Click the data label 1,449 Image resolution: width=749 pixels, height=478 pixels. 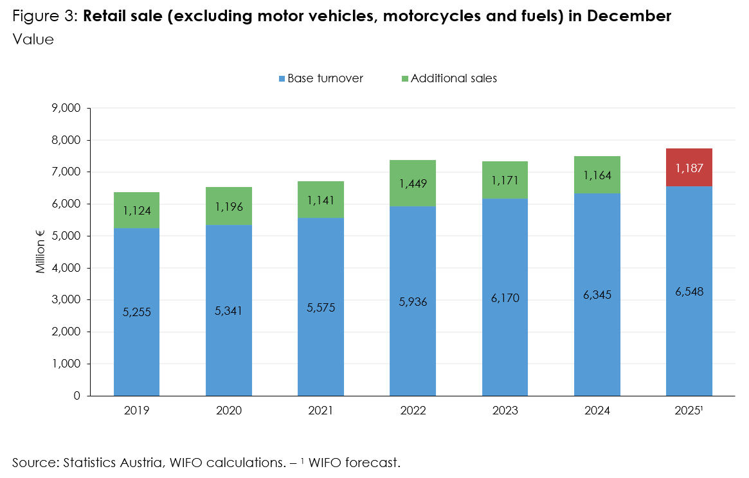point(413,184)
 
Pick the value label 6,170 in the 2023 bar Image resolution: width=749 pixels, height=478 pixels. point(505,298)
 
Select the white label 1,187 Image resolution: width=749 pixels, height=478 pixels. point(689,168)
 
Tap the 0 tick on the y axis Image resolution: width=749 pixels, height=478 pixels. point(77,396)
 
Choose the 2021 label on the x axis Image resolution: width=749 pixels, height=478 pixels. point(320,410)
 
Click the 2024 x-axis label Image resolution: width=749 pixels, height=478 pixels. point(597,410)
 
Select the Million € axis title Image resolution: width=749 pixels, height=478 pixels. point(41,252)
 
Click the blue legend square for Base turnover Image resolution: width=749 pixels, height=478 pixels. point(282,78)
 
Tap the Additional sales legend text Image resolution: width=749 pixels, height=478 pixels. point(453,78)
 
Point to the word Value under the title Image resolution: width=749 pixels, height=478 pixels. point(32,39)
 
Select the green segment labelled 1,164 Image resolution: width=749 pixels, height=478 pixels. point(597,175)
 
